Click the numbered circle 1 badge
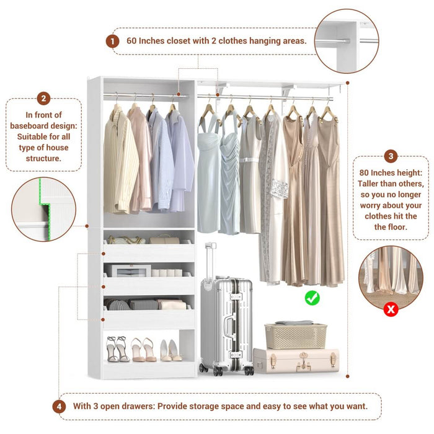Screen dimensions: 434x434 pyautogui.click(x=112, y=41)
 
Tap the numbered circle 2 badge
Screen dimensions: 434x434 pyautogui.click(x=43, y=99)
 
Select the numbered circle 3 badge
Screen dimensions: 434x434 pyautogui.click(x=391, y=156)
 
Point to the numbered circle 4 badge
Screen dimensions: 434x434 pyautogui.click(x=59, y=407)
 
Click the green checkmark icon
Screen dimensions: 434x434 pyautogui.click(x=312, y=298)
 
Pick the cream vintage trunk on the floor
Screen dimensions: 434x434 pyautogui.click(x=296, y=361)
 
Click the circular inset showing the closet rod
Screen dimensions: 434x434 pyautogui.click(x=346, y=41)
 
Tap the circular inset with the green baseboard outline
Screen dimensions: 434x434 pyautogui.click(x=43, y=209)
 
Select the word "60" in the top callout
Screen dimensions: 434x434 pyautogui.click(x=132, y=41)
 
